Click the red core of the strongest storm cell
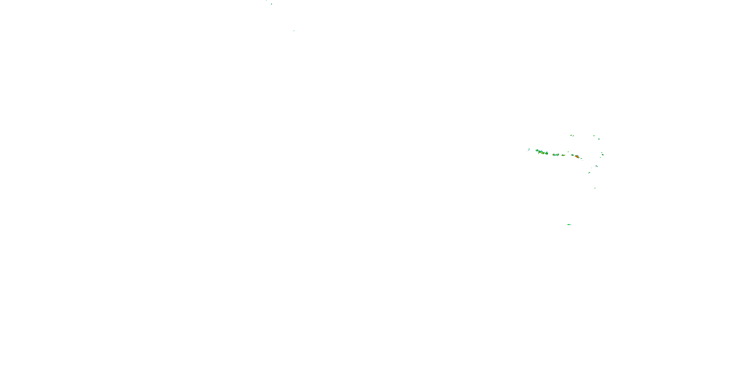coord(577,157)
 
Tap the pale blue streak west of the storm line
coord(529,150)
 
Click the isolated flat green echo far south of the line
coord(569,225)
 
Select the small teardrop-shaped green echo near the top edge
coord(271,4)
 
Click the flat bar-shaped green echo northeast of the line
coord(594,136)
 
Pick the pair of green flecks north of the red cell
coord(572,136)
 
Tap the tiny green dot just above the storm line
coord(568,152)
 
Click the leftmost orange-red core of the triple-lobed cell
coord(553,155)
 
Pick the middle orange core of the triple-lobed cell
coord(556,155)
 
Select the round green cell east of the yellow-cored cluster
coord(547,153)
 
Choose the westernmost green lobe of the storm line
coord(537,150)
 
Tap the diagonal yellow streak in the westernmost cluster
coord(539,153)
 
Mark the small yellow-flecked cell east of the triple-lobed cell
coord(563,155)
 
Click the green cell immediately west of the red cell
coord(572,155)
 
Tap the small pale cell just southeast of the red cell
coord(581,159)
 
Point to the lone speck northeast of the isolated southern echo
coord(595,188)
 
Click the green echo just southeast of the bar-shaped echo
coord(599,139)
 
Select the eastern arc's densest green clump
coord(603,155)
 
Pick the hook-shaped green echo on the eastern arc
coord(596,166)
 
